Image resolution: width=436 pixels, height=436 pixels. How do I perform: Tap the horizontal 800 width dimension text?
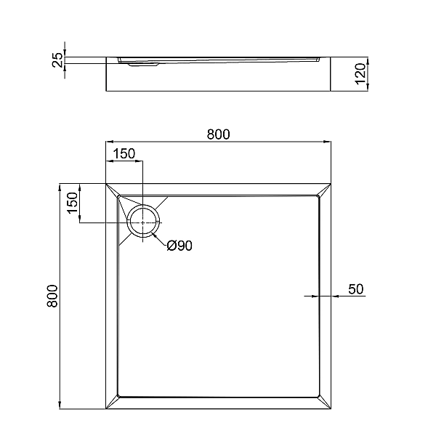pyautogui.click(x=218, y=134)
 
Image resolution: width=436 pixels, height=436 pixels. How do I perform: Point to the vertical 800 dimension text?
pyautogui.click(x=52, y=296)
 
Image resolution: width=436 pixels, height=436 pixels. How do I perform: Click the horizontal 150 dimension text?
pyautogui.click(x=124, y=153)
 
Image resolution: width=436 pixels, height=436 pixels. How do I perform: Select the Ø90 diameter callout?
pyautogui.click(x=179, y=246)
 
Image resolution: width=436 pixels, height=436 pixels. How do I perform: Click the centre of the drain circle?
pyautogui.click(x=143, y=221)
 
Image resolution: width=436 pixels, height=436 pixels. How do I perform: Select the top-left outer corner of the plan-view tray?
pyautogui.click(x=107, y=182)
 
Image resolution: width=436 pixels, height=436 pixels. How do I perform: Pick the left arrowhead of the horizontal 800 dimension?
pyautogui.click(x=110, y=142)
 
